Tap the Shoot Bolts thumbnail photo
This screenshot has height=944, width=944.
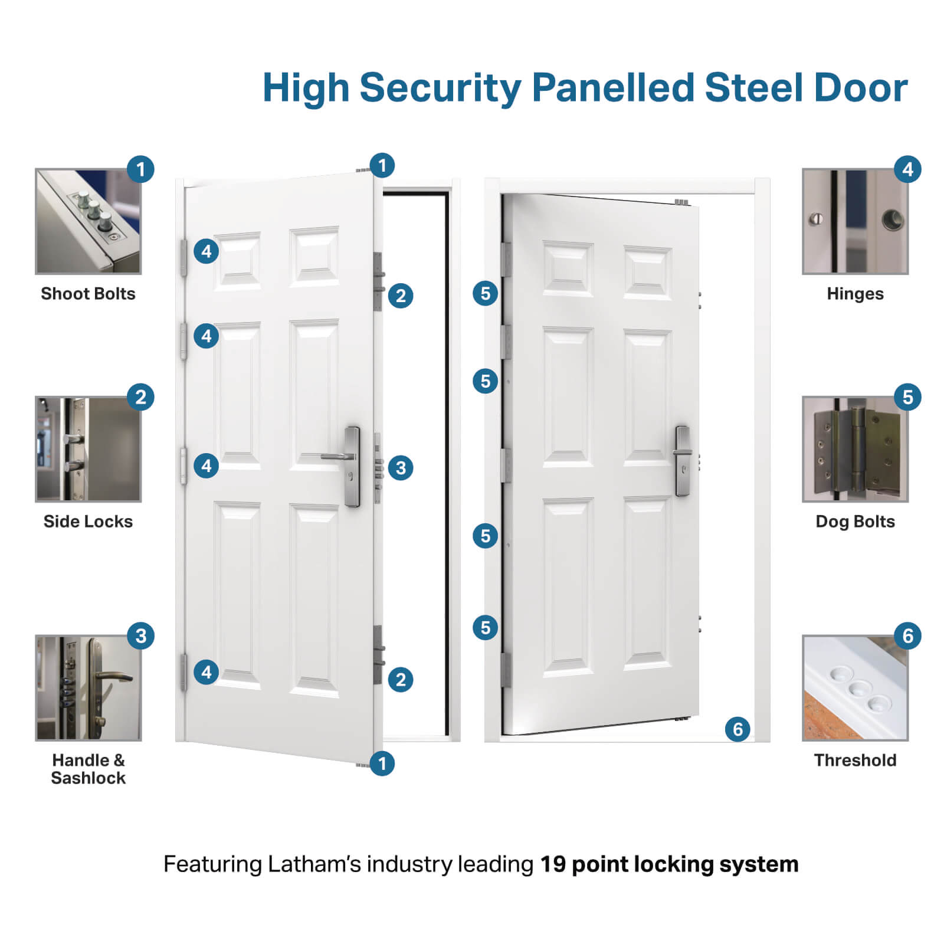coord(88,222)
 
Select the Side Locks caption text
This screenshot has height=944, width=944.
coord(88,522)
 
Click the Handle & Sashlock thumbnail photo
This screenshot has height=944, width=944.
coord(88,688)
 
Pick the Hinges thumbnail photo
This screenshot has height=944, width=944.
coord(855,222)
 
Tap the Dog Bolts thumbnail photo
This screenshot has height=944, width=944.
coord(855,450)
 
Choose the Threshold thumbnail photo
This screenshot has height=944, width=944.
coord(855,688)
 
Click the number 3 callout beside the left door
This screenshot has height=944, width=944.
coord(401,468)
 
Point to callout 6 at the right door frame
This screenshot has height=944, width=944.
coord(737,729)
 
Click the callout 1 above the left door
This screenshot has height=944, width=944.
coord(382,165)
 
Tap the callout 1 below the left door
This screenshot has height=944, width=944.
coord(382,763)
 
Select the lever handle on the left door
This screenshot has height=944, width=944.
coord(337,457)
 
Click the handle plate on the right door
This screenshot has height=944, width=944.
coord(683,461)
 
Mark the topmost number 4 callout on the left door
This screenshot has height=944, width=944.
coord(206,251)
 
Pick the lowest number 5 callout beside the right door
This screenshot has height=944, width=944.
coord(485,627)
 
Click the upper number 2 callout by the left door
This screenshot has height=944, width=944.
coord(401,296)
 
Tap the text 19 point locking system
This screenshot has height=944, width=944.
coord(669,864)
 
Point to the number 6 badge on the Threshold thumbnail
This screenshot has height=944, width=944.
coord(907,636)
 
